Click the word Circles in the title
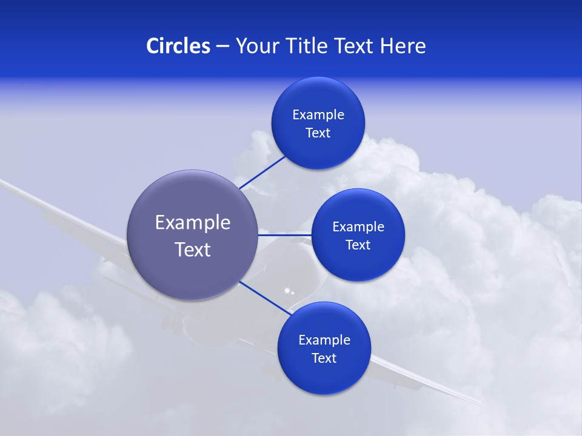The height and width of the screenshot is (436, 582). click(178, 46)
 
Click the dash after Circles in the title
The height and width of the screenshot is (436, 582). click(222, 47)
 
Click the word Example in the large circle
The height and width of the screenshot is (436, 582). click(192, 223)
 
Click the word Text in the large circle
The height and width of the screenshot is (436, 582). click(192, 249)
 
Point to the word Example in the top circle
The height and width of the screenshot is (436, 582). click(318, 115)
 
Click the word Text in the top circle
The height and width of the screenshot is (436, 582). click(318, 133)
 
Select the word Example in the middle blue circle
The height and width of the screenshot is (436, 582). click(358, 227)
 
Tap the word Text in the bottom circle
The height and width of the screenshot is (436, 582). click(324, 358)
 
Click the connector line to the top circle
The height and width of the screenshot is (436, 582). click(262, 173)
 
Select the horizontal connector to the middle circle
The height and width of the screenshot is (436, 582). click(284, 235)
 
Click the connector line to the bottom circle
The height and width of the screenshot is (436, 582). click(264, 297)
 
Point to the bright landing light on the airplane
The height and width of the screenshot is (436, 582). click(287, 291)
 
